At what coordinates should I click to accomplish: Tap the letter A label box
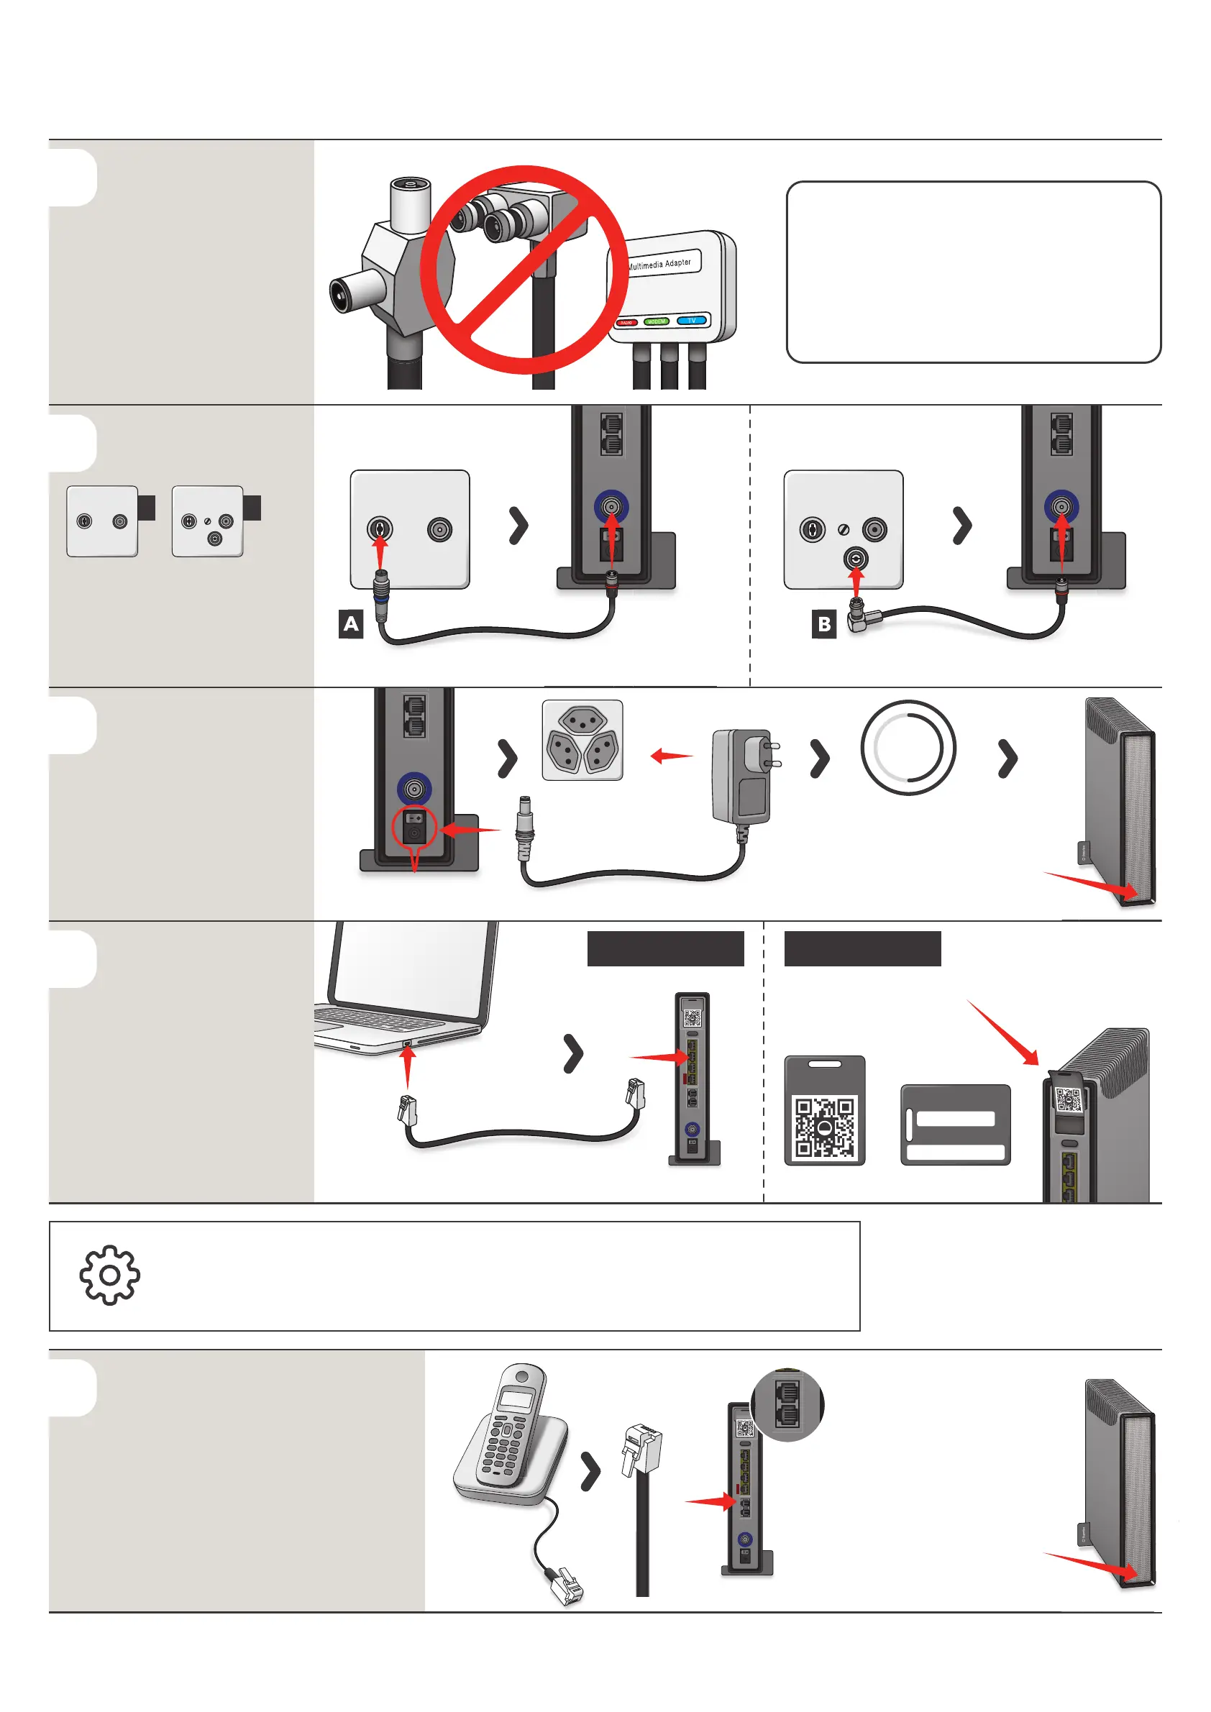350,623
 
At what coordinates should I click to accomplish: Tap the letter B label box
824,624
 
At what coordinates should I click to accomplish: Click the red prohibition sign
524,269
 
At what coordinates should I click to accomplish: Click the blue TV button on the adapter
691,321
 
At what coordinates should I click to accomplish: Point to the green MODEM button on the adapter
657,321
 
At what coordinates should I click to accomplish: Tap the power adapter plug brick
741,776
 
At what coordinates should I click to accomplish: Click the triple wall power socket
582,740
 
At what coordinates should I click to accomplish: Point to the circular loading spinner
908,747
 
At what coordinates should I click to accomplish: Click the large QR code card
825,1110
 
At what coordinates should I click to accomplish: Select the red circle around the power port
414,827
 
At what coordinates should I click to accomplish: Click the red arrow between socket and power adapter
671,756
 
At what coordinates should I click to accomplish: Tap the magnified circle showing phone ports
787,1405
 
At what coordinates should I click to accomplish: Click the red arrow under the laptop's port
407,1067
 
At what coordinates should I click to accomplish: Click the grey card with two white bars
955,1125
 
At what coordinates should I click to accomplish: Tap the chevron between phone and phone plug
590,1471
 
